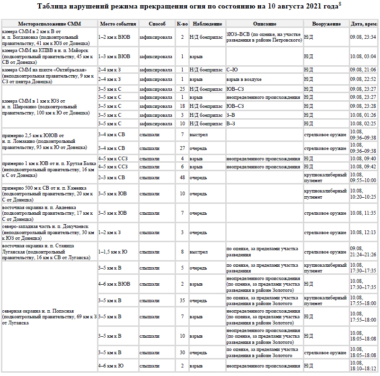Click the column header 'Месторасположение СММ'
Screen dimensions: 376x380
pyautogui.click(x=49, y=24)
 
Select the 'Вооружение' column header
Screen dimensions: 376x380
pyautogui.click(x=327, y=24)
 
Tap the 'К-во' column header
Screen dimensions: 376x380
pyautogui.click(x=182, y=24)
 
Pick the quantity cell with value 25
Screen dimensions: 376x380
pyautogui.click(x=182, y=89)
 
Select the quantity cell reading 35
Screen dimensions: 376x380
pyautogui.click(x=182, y=301)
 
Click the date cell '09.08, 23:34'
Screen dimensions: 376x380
pyautogui.click(x=363, y=36)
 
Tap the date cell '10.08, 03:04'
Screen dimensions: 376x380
pyautogui.click(x=363, y=56)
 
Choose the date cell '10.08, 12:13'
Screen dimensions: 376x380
pyautogui.click(x=363, y=233)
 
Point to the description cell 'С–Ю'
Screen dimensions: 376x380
pyautogui.click(x=232, y=70)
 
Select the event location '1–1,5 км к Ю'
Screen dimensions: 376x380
pyautogui.click(x=113, y=252)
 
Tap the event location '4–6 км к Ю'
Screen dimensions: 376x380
pyautogui.click(x=111, y=366)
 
